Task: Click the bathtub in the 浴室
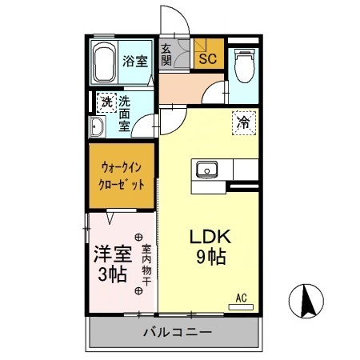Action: pyautogui.click(x=103, y=62)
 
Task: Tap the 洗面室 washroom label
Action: pyautogui.click(x=125, y=114)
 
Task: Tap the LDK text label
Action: pyautogui.click(x=210, y=237)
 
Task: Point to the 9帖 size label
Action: pyautogui.click(x=211, y=258)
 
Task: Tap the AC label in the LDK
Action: pyautogui.click(x=241, y=298)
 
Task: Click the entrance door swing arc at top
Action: pyautogui.click(x=174, y=20)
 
